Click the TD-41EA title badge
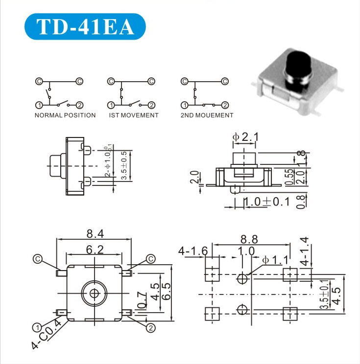pyautogui.click(x=85, y=27)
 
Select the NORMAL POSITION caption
pyautogui.click(x=65, y=115)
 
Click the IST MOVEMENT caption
pyautogui.click(x=134, y=115)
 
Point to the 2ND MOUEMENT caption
pyautogui.click(x=207, y=115)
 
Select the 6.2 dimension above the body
pyautogui.click(x=95, y=250)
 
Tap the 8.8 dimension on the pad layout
pyautogui.click(x=250, y=240)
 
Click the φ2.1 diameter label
pyautogui.click(x=245, y=137)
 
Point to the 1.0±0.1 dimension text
pyautogui.click(x=267, y=201)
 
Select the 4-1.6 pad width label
pyautogui.click(x=193, y=251)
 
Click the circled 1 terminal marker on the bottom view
pyautogui.click(x=36, y=327)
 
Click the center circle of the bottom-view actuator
pyautogui.click(x=94, y=293)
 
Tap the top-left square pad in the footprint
pyautogui.click(x=212, y=275)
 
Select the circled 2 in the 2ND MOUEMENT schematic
pyautogui.click(x=225, y=105)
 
